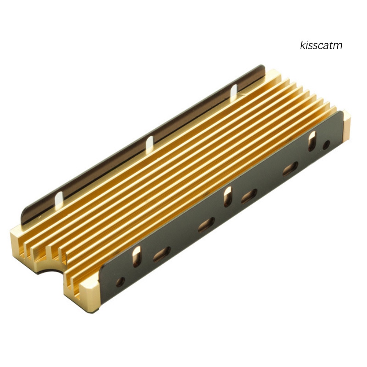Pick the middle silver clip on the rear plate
click(x=149, y=145)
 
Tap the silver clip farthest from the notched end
click(x=234, y=91)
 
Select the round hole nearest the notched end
click(x=120, y=282)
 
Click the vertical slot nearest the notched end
click(x=136, y=256)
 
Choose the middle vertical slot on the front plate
click(x=228, y=197)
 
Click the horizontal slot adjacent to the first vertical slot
click(x=161, y=254)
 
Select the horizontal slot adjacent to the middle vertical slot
click(x=249, y=196)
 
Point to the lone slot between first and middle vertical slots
click(x=206, y=224)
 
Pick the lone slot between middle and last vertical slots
click(x=290, y=169)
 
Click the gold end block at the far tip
click(x=346, y=126)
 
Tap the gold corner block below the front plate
click(x=81, y=291)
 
